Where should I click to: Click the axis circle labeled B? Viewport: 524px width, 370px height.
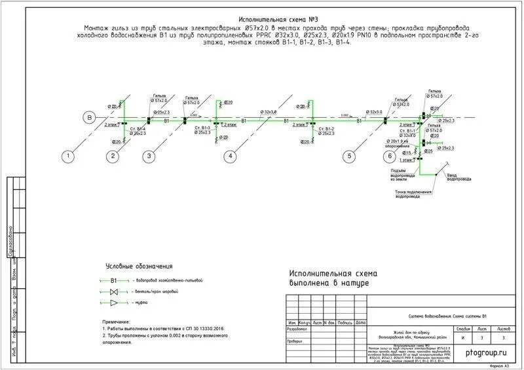(x=87, y=118)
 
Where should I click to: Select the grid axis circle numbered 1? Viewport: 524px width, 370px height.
(x=67, y=156)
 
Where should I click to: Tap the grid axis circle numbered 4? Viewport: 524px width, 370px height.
(x=230, y=156)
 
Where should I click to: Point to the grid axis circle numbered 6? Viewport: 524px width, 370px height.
(x=389, y=156)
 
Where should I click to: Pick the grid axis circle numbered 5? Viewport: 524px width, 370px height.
(x=349, y=156)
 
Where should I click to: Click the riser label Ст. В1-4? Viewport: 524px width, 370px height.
(x=138, y=128)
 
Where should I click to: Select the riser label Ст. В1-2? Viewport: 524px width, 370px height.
(x=326, y=128)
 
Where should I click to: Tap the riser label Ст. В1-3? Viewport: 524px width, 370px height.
(x=202, y=128)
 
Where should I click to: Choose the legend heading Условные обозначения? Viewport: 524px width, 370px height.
(x=139, y=267)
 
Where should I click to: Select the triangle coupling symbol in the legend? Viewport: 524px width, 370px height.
(x=114, y=303)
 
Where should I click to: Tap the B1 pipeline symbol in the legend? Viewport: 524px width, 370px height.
(x=113, y=280)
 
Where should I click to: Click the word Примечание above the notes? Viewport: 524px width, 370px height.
(x=117, y=323)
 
